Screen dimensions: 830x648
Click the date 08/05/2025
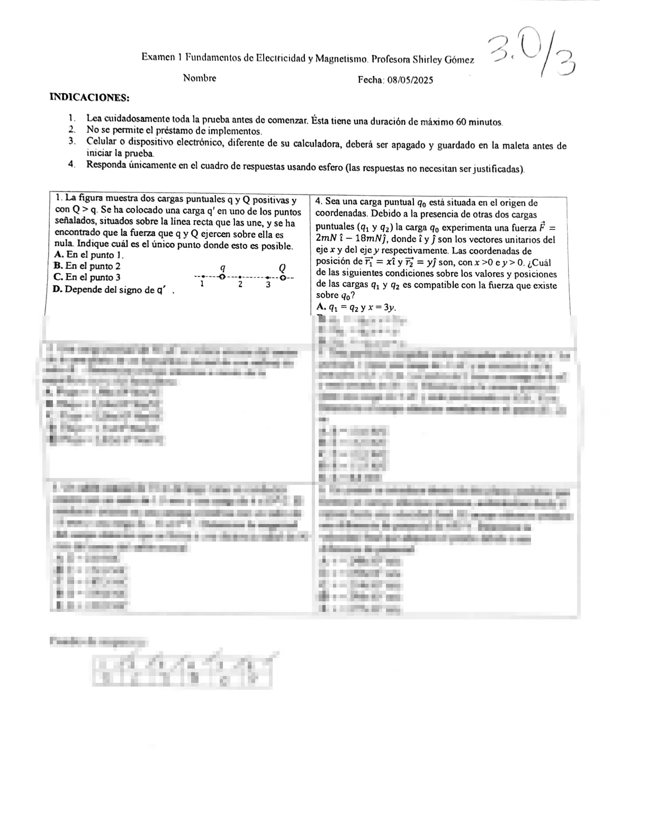click(x=410, y=80)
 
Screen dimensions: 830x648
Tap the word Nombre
click(x=200, y=78)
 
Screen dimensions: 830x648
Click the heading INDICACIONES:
click(x=89, y=97)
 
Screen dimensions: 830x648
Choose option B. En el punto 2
click(x=87, y=266)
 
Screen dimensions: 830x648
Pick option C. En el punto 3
click(x=87, y=277)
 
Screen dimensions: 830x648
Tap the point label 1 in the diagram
click(x=202, y=284)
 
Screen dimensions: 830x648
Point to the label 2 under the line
click(x=240, y=284)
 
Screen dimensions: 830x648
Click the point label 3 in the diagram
click(x=268, y=284)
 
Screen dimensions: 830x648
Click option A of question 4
click(x=356, y=308)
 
